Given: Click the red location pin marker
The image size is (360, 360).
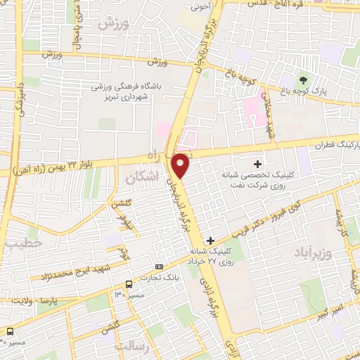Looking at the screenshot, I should click(181, 165).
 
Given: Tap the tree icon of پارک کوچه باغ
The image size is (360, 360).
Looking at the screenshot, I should click(303, 79).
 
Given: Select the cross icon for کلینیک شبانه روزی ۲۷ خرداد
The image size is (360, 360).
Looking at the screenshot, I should click(211, 240).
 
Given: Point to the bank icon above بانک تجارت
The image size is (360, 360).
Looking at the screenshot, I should click(159, 267).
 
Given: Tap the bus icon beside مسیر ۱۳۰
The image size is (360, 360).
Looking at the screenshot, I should click(129, 284).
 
